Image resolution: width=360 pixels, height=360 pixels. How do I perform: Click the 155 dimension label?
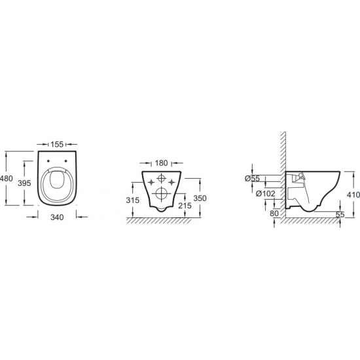(x=57, y=145)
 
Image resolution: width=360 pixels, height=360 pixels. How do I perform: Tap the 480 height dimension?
(x=6, y=178)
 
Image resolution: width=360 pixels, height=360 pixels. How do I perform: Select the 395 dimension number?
(x=24, y=183)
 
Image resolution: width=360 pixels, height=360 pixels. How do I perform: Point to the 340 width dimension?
(x=57, y=217)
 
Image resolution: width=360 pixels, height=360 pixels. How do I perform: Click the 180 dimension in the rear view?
(x=162, y=163)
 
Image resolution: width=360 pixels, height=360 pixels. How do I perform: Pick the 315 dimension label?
(x=133, y=200)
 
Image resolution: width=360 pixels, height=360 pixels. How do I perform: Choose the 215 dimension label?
(x=185, y=206)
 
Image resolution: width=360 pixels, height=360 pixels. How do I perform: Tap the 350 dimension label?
(x=200, y=198)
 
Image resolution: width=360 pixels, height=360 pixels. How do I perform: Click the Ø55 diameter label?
(x=252, y=179)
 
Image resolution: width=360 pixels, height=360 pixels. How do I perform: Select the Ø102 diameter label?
(x=265, y=194)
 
